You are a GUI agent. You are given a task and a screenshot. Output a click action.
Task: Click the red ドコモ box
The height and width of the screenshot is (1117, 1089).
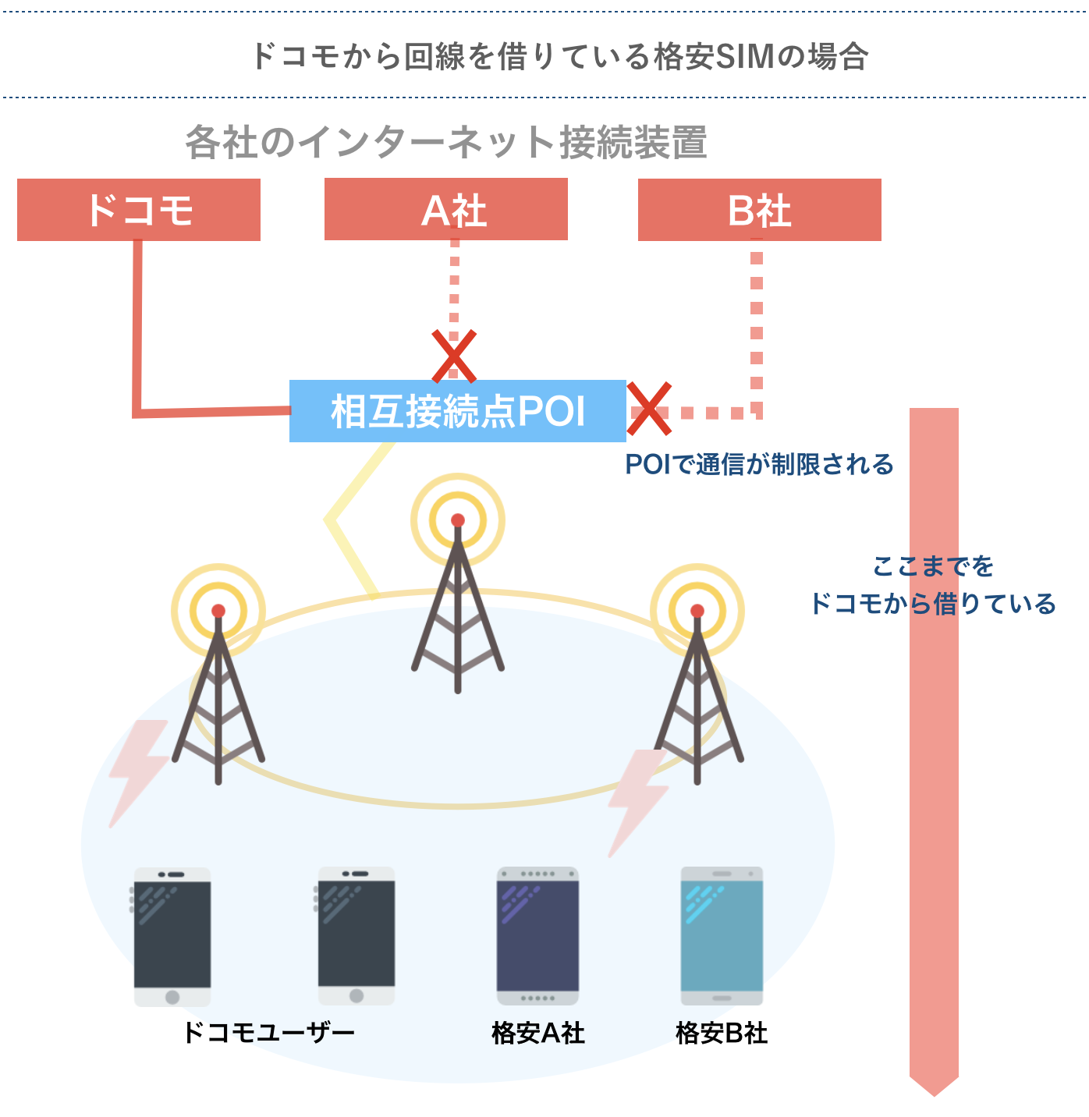coord(139,210)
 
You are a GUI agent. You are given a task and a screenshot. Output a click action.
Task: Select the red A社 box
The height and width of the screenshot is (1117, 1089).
coord(445,209)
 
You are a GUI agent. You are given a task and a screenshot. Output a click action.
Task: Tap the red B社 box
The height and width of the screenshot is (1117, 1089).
coord(759,210)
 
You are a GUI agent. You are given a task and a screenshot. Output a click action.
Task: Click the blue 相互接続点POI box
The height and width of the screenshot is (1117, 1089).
coord(457,411)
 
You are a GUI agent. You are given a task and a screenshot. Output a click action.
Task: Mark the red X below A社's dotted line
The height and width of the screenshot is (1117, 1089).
coord(454,356)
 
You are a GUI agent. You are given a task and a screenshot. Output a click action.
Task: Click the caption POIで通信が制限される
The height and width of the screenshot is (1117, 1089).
coord(759,464)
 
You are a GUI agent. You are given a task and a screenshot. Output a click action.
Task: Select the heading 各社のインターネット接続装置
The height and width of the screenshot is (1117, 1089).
coord(445,143)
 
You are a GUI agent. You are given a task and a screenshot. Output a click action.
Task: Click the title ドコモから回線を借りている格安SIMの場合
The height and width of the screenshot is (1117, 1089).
coord(559,56)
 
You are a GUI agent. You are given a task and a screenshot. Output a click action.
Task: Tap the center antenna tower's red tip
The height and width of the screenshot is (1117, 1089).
coord(458,520)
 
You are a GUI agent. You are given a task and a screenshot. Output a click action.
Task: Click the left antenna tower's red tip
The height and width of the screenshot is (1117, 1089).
coord(218,611)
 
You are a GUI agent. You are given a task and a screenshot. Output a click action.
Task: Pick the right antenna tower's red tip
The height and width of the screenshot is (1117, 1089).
coord(697,611)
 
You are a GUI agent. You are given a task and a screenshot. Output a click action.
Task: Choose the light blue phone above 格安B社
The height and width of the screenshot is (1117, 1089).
coord(722,936)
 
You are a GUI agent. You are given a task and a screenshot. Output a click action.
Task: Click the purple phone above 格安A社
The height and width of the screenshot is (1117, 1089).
coord(537,936)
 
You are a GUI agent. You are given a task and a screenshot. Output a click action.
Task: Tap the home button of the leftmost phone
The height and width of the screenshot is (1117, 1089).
coord(172,997)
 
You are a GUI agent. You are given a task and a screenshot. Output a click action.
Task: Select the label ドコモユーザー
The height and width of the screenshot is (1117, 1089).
coord(268,1033)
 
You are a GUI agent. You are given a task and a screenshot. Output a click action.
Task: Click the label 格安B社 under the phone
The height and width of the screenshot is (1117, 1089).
coord(722,1033)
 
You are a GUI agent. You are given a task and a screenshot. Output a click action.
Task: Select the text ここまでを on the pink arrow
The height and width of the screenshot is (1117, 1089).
coord(933,566)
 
